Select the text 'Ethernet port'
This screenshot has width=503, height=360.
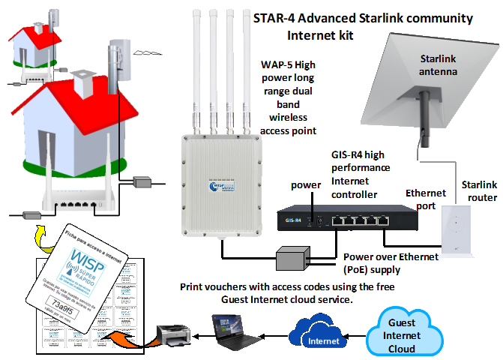[x=425, y=199]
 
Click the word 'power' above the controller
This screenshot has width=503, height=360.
[x=306, y=184]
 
